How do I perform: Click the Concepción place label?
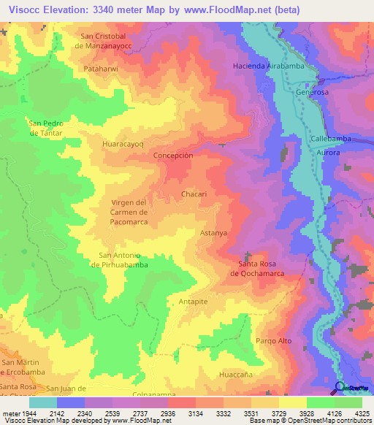[173, 156]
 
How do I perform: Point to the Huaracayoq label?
[123, 145]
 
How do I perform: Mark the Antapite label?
[194, 301]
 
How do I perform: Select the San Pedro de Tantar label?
[45, 128]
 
